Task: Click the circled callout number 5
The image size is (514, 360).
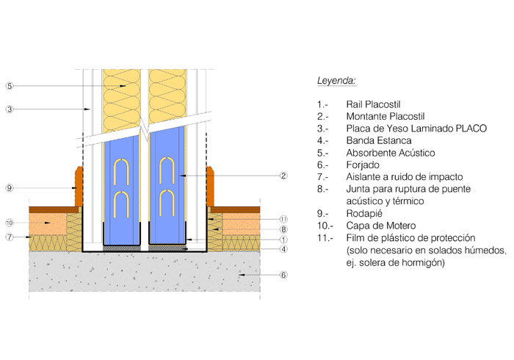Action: pos(9,86)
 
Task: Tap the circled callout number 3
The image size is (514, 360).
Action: pos(9,109)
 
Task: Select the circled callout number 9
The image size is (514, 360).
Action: pos(9,188)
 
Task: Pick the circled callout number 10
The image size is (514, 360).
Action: pos(9,223)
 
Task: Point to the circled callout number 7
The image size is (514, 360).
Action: pos(9,237)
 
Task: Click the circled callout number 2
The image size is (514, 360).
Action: pos(284,175)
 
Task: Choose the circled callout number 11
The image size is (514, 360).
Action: pos(284,219)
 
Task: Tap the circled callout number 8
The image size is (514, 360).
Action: pos(284,229)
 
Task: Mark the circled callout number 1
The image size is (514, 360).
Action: pos(284,240)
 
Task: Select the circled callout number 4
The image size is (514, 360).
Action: pos(284,250)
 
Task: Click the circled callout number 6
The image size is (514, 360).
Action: pos(284,276)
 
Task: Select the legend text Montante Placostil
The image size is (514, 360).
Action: pos(385,117)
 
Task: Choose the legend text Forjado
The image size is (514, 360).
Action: pos(363,165)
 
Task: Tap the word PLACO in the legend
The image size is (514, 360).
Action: pos(471,129)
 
